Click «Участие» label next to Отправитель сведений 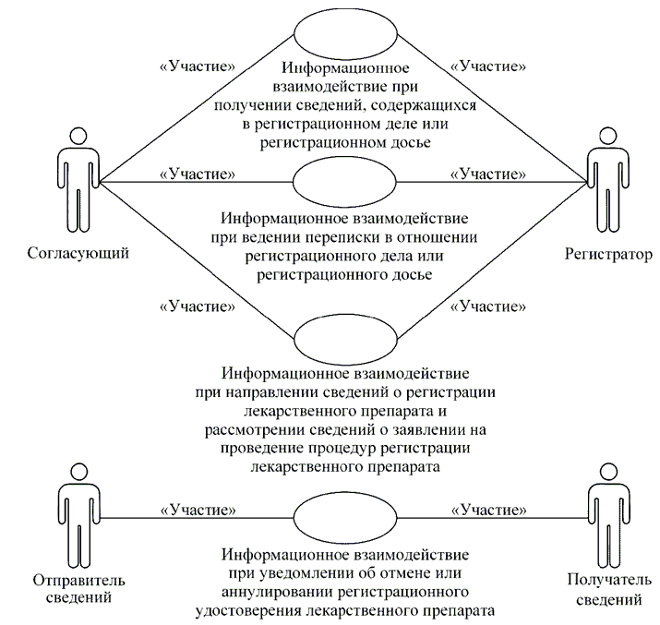point(197,508)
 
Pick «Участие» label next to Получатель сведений point(487,508)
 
